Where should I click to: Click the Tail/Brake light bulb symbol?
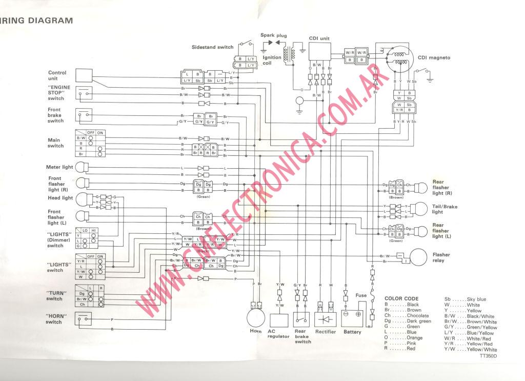coord(420,209)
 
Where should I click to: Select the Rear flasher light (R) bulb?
coord(420,187)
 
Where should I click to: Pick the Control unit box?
coord(84,75)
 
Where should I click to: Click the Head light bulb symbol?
coord(82,198)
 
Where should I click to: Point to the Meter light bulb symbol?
coord(82,167)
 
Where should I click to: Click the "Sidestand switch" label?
coord(212,47)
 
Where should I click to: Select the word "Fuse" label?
coord(361,295)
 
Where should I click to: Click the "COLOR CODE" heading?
coord(401,298)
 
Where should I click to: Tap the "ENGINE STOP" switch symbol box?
coord(84,93)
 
